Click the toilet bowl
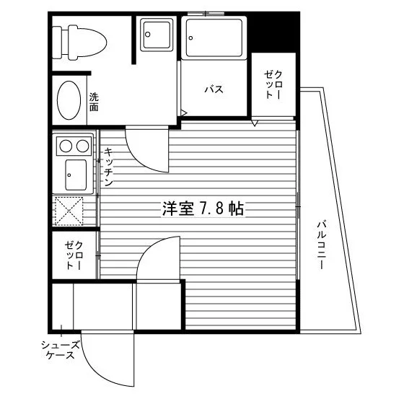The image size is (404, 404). (87, 43)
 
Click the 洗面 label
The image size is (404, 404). (94, 102)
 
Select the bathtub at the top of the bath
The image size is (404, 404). (214, 38)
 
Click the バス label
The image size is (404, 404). (214, 89)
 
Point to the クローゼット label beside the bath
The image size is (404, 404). (273, 85)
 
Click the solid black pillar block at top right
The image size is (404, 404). (273, 33)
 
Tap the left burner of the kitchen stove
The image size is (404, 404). (66, 146)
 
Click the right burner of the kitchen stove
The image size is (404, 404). (82, 146)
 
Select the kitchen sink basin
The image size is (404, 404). (76, 175)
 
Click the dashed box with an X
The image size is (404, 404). (69, 211)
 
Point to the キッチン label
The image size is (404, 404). (108, 167)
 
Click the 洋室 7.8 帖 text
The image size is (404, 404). (203, 208)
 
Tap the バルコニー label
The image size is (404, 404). (322, 245)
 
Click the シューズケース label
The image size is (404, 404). (61, 350)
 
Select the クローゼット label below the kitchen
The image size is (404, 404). (74, 255)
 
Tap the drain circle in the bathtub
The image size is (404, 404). (190, 38)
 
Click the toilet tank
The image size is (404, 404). (57, 43)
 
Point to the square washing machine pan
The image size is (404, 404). (157, 35)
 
